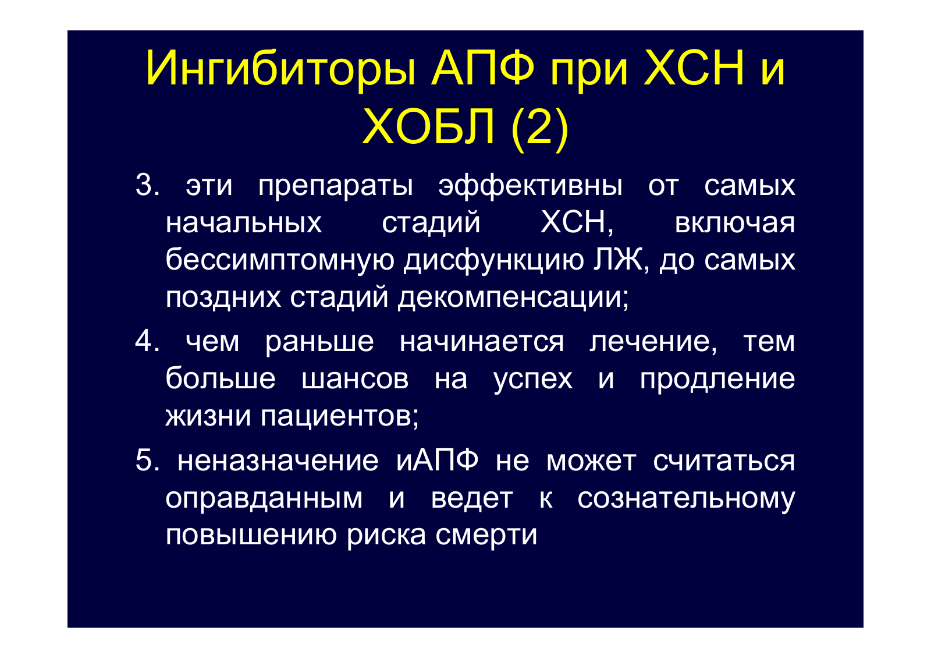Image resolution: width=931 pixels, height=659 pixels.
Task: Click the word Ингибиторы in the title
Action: (280, 70)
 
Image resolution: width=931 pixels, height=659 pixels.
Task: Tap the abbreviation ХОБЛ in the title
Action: (428, 126)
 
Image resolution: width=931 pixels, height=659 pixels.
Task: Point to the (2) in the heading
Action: (539, 128)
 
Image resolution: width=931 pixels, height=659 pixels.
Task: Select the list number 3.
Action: (147, 185)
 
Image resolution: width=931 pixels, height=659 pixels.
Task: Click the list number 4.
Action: (147, 341)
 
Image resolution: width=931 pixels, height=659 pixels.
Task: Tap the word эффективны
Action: (530, 186)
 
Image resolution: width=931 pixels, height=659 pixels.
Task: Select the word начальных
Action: (244, 224)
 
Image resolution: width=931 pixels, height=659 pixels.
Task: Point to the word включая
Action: (734, 224)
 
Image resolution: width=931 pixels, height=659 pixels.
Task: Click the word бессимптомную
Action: (280, 260)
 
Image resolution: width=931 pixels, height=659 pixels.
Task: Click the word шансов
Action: (355, 379)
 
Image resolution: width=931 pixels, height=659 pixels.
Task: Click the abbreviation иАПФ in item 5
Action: (437, 460)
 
